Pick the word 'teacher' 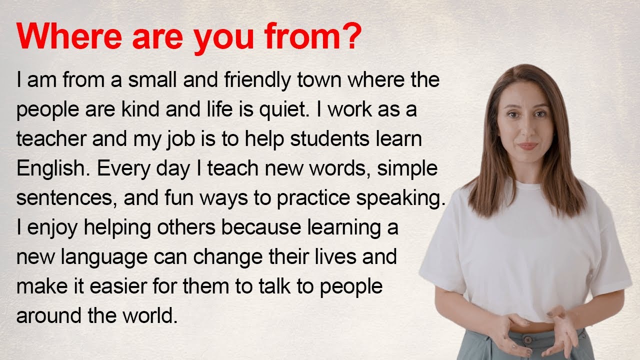coord(51,139)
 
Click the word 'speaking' coord(400,198)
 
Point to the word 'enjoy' coord(53,228)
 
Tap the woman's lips coord(527,146)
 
